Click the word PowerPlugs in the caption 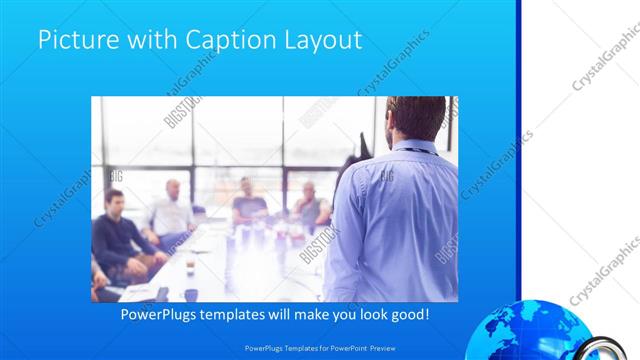click(161, 315)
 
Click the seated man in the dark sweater click(116, 235)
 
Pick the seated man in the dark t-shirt click(247, 205)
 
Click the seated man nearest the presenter click(310, 205)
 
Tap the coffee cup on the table click(190, 294)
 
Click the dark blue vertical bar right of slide click(518, 150)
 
